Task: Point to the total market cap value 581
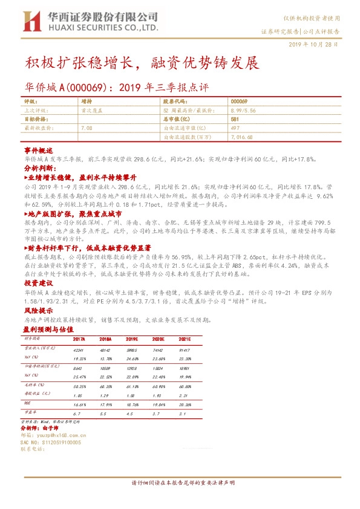[235, 120]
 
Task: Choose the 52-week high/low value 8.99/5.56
[244, 111]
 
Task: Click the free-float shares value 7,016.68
[241, 137]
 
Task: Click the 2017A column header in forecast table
[79, 340]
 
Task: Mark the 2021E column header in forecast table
[185, 340]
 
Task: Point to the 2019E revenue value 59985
[132, 350]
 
